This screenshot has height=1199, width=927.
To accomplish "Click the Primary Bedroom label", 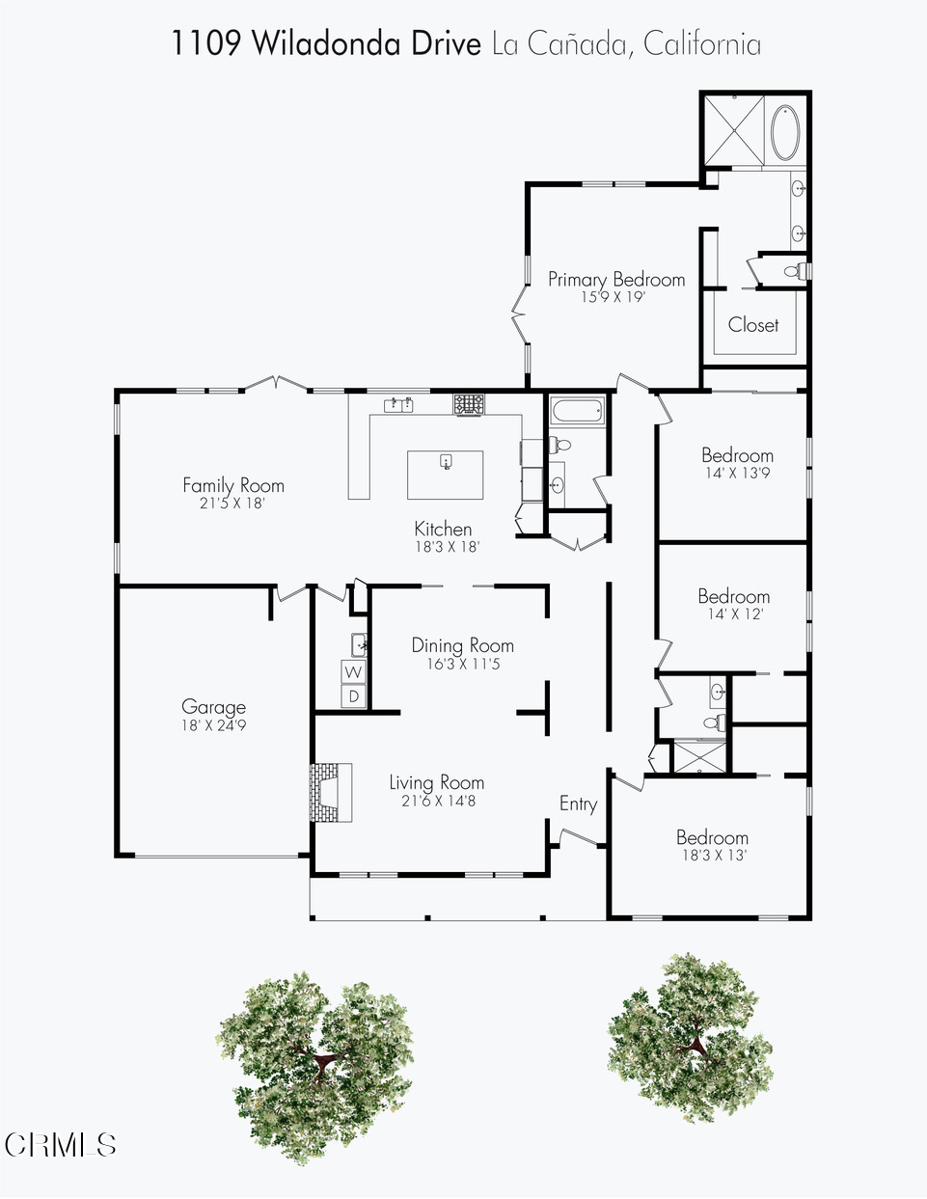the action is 616,280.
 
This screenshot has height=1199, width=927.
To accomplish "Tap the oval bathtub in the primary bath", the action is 785,132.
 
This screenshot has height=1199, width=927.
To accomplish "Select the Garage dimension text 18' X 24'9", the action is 213,725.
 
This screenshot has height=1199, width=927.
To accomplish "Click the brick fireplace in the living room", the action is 331,792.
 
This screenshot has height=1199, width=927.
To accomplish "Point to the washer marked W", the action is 353,672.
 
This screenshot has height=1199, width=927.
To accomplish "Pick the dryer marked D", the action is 354,696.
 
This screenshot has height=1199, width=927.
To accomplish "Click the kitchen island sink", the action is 446,461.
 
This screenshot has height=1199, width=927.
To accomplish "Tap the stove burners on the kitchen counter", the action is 469,404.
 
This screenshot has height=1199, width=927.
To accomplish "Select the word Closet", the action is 753,324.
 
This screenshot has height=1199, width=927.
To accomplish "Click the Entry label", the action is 578,804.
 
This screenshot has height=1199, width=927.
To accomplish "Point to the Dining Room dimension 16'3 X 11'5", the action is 463,664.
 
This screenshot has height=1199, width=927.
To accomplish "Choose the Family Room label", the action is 233,485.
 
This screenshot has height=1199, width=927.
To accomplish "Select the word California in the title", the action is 702,43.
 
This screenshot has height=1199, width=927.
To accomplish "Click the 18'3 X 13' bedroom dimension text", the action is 715,856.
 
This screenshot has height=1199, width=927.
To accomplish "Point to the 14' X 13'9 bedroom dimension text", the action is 737,473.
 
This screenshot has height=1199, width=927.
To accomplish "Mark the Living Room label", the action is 436,782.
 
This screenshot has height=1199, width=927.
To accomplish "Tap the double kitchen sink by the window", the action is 399,405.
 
